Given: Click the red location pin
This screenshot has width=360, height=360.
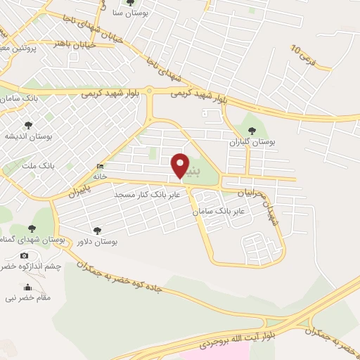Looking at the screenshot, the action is (x=181, y=164).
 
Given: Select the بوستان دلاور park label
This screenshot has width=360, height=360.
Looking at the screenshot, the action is (x=98, y=241).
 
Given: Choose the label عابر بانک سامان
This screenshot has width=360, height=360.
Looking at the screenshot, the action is (x=220, y=210).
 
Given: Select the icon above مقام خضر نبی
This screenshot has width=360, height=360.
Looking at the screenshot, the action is (x=28, y=287).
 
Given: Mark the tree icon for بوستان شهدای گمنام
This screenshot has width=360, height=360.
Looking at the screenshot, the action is (x=31, y=228).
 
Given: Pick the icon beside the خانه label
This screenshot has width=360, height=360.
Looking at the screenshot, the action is (x=98, y=166).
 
